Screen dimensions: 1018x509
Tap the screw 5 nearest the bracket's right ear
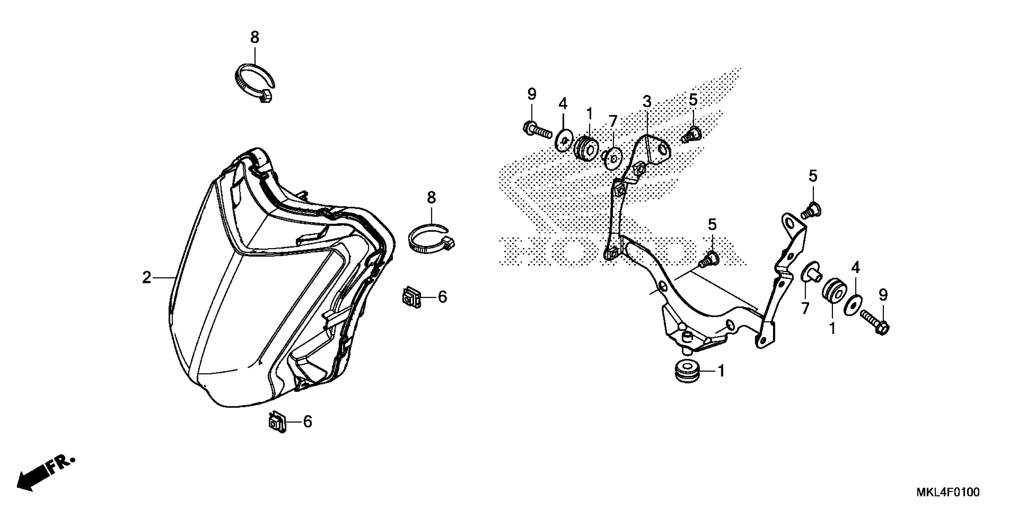point(811,210)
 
